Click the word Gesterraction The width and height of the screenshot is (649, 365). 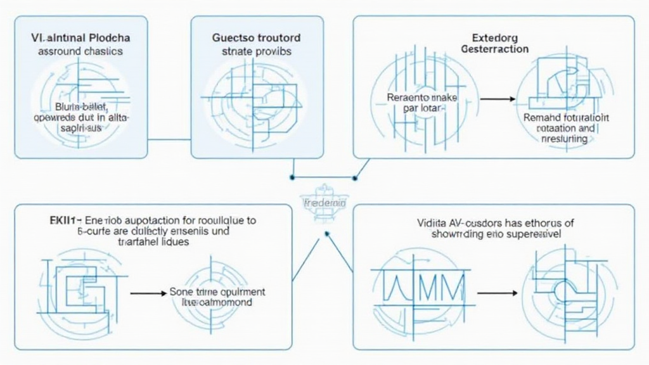[x=496, y=49]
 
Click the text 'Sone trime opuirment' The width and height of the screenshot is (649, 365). [x=217, y=292]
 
